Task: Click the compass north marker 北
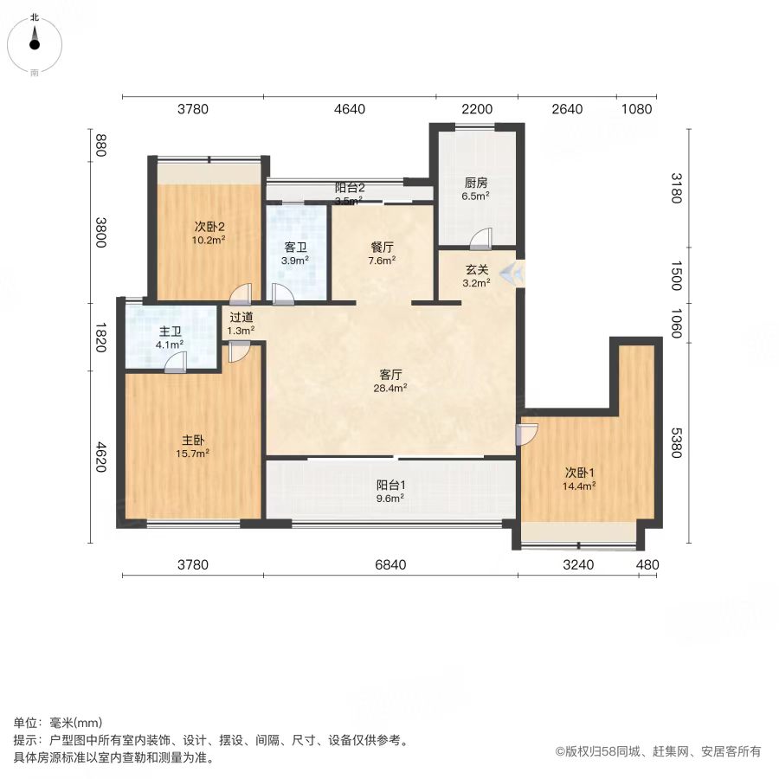[35, 18]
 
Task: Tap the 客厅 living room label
[390, 374]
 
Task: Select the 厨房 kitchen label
[476, 183]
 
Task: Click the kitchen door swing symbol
[481, 239]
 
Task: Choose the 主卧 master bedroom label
[192, 440]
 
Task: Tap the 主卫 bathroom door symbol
[176, 362]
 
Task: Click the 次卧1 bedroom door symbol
[527, 435]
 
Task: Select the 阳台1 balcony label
[390, 485]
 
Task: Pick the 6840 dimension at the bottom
[390, 565]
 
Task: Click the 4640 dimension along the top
[350, 109]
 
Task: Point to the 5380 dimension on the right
[676, 442]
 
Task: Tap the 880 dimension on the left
[101, 145]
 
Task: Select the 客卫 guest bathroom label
[295, 247]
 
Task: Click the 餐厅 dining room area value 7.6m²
[382, 261]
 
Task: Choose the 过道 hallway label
[241, 317]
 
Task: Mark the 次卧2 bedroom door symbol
[241, 294]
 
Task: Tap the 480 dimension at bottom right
[647, 565]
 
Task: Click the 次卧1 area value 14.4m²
[579, 486]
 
